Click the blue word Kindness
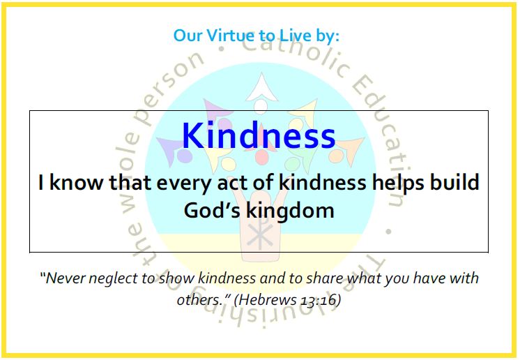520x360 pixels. tap(259, 135)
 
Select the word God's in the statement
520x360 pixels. tap(212, 211)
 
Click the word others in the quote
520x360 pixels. tap(199, 300)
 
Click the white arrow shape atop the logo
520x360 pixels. tap(261, 88)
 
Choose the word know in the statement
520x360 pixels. tap(76, 183)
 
